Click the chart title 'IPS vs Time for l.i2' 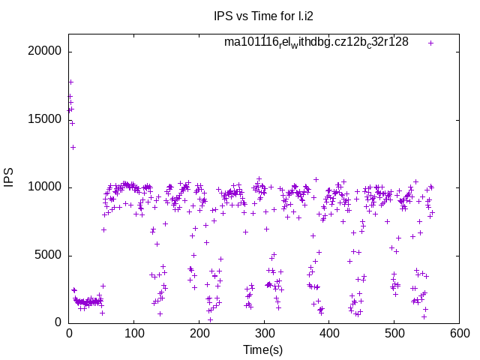(x=262, y=15)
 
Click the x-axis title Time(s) (x=262, y=349)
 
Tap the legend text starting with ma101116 (x=316, y=42)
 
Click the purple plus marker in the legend (x=430, y=43)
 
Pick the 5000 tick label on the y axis (x=49, y=255)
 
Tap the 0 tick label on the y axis (x=59, y=322)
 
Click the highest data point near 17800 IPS (x=70, y=82)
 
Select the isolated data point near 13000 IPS (x=73, y=147)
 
